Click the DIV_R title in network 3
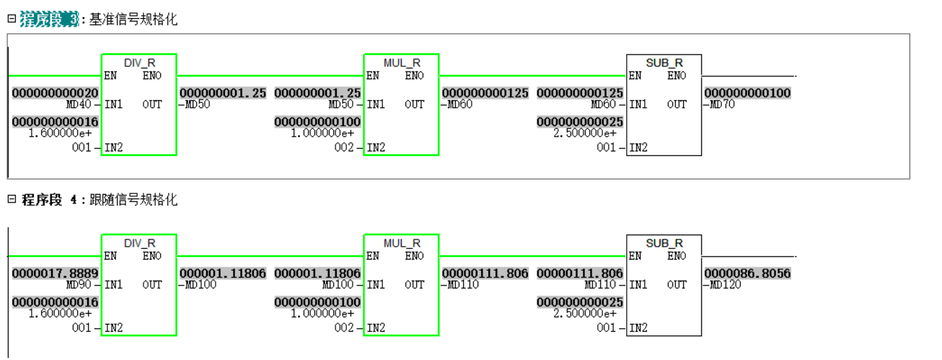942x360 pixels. tap(139, 63)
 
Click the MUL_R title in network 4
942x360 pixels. tap(401, 243)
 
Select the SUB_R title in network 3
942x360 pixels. tap(664, 63)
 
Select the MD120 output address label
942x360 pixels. tap(725, 285)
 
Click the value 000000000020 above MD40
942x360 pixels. tap(55, 94)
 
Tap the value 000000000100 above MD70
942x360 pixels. tap(747, 94)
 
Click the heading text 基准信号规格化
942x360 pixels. tap(133, 20)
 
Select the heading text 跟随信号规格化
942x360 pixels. tap(133, 200)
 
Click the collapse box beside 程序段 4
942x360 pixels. tap(12, 199)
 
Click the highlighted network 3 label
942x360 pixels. tap(49, 20)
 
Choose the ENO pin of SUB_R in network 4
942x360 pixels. tap(677, 256)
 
